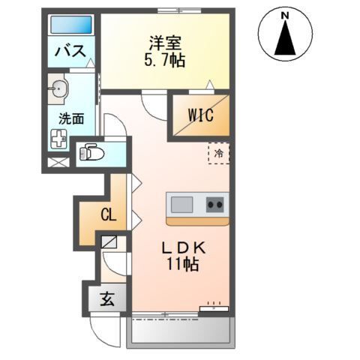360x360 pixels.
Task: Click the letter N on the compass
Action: click(285, 14)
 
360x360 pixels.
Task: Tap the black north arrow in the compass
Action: click(285, 39)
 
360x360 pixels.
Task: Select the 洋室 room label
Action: click(165, 43)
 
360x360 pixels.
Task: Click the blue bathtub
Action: click(71, 25)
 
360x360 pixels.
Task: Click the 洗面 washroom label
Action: click(72, 118)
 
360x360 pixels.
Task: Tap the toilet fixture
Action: click(91, 151)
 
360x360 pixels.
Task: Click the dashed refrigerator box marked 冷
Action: click(219, 154)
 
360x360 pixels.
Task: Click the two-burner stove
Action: click(214, 203)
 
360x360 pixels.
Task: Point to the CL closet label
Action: click(109, 216)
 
